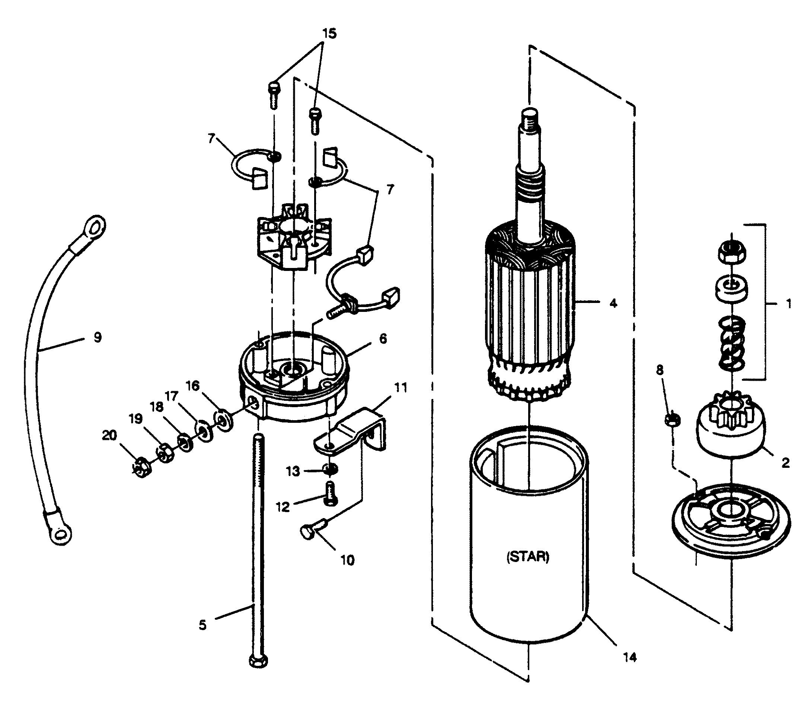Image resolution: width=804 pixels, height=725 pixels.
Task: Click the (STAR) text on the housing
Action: coord(527,556)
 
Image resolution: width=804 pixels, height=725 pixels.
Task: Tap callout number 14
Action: coord(630,657)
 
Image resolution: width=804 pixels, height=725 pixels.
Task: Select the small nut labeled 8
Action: coord(673,419)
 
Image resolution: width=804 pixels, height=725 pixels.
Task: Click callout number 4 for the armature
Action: coord(613,304)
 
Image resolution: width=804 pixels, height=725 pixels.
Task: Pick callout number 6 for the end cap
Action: coord(383,339)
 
